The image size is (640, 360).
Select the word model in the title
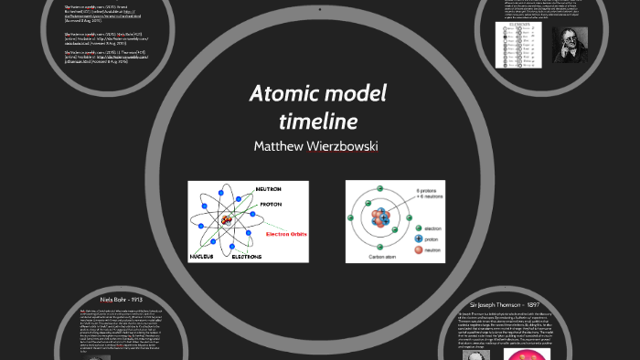tap(356, 93)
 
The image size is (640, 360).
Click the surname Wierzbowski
tap(346, 146)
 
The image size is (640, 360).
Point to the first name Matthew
tap(283, 146)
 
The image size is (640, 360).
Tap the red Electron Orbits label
tap(286, 234)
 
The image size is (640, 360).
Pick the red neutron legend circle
tap(420, 249)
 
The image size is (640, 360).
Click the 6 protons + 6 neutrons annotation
tap(427, 193)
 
